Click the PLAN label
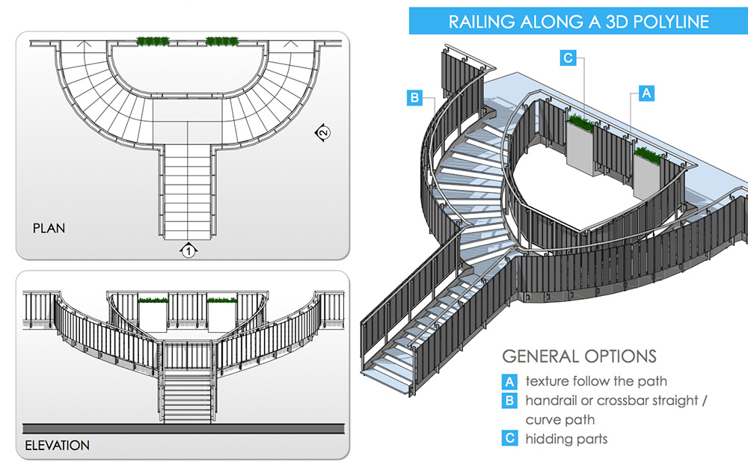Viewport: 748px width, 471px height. coord(49,228)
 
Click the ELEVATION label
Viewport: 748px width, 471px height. coord(57,446)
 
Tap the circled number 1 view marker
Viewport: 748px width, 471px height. coord(188,250)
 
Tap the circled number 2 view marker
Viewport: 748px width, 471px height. coord(322,133)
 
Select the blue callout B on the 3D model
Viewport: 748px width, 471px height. coord(415,97)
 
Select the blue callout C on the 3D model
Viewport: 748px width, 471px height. coord(568,58)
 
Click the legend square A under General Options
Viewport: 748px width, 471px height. coord(509,381)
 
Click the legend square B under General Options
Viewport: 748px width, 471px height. coord(509,400)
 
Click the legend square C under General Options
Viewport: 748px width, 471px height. coord(509,438)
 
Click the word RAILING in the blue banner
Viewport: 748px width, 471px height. coord(480,22)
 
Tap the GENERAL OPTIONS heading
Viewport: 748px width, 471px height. coord(579,356)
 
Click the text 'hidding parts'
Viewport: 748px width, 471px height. coord(566,439)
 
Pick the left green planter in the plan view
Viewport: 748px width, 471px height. coord(152,40)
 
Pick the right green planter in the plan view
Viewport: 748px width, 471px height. coord(221,40)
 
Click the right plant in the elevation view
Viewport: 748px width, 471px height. coord(221,301)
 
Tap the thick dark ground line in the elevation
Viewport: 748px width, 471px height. coord(183,428)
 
